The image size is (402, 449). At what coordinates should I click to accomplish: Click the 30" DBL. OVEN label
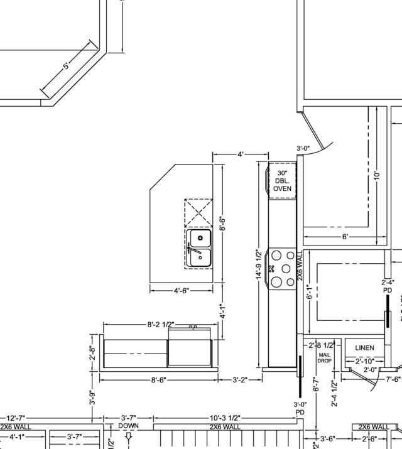[x=282, y=180]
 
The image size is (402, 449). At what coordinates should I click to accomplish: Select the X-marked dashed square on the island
[x=198, y=212]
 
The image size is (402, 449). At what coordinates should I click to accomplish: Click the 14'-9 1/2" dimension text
[x=259, y=267]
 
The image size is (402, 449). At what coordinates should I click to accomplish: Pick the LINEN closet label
[x=364, y=348]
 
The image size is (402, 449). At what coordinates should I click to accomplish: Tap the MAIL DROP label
[x=324, y=358]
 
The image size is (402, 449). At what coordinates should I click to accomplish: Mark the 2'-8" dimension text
[x=92, y=354]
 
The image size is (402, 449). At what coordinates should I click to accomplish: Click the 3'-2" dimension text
[x=240, y=380]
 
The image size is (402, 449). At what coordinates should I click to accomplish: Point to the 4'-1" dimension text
[x=221, y=312]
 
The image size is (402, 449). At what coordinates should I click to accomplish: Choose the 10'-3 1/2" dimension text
[x=224, y=418]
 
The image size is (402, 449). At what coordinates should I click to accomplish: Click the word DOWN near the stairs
[x=128, y=426]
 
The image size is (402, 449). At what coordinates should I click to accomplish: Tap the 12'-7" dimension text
[x=18, y=418]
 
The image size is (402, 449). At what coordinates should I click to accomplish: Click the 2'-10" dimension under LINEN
[x=365, y=361]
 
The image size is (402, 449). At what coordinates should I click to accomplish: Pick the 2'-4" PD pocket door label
[x=388, y=286]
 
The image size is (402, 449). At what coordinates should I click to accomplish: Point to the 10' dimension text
[x=376, y=175]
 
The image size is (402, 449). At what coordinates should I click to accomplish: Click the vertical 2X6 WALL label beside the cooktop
[x=300, y=266]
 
